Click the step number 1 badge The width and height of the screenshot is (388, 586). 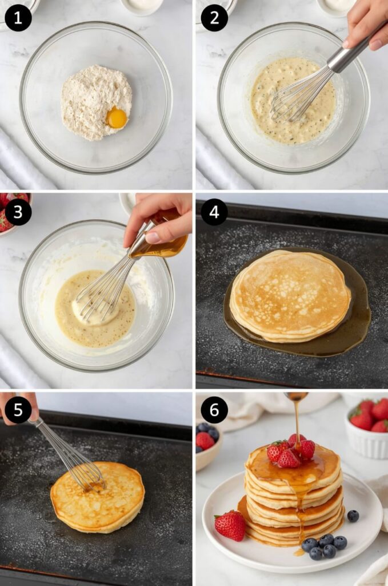coord(18,18)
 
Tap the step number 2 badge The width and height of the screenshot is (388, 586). coord(214,18)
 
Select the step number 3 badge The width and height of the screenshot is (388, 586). coord(18,212)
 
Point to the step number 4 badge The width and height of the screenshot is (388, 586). coord(214,212)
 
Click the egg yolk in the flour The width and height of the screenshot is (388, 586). coord(117,118)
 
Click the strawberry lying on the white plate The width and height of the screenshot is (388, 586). coord(230,525)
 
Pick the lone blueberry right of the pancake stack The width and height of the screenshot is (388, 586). coord(353,516)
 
